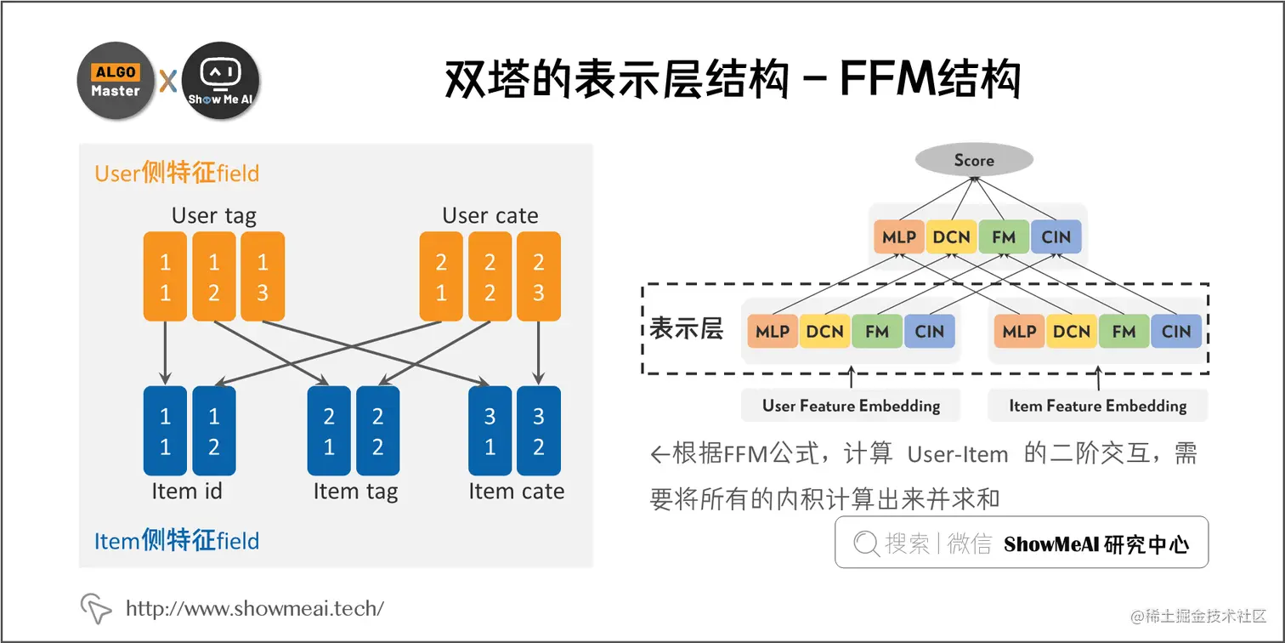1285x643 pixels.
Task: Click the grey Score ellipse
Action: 973,160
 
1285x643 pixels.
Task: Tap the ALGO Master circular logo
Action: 116,81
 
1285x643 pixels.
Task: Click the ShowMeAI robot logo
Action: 220,81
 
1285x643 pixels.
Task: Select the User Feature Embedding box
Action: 851,406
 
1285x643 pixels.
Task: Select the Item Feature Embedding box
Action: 1097,406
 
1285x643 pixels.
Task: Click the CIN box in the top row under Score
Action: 1056,237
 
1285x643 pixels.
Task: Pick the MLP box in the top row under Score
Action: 898,237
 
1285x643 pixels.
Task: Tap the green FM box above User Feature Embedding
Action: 877,332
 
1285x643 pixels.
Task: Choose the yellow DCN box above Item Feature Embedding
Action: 1071,332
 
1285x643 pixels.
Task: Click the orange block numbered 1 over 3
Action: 263,276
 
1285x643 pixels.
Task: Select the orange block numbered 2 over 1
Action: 441,276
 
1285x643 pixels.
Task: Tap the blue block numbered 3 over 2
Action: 539,431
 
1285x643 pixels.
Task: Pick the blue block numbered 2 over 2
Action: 378,431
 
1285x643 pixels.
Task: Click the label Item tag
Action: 355,492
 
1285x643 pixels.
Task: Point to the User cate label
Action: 490,215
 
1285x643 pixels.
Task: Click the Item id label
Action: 187,492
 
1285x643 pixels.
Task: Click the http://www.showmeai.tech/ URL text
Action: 254,608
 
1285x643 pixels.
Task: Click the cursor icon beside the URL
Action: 96,608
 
